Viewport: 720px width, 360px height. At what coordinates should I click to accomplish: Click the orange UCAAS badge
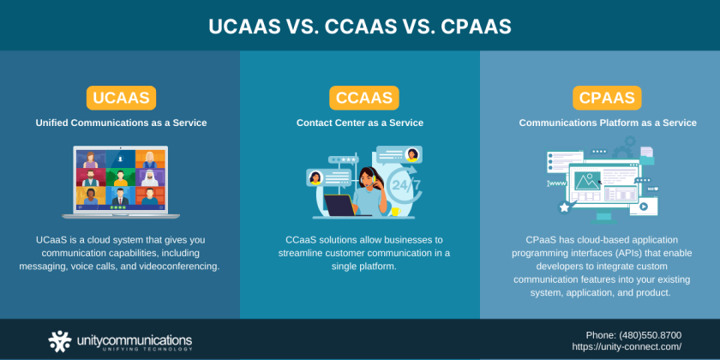point(120,97)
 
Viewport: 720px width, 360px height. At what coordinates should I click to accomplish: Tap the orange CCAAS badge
point(360,97)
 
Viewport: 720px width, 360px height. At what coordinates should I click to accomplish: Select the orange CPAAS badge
point(607,97)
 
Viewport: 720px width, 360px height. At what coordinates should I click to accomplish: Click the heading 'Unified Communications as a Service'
point(121,123)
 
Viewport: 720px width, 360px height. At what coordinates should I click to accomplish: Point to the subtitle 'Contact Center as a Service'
point(360,123)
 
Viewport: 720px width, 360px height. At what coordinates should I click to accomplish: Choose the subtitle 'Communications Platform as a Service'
point(607,123)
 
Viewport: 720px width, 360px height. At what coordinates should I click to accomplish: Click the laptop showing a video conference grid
point(120,182)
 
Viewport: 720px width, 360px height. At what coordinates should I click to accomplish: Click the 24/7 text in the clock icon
point(405,183)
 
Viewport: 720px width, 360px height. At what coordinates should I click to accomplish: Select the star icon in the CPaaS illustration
point(564,207)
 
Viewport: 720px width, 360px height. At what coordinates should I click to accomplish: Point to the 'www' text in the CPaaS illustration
point(557,183)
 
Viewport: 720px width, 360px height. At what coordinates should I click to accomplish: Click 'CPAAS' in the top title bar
point(476,27)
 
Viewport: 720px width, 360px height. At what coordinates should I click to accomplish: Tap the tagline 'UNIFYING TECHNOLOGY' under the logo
point(123,349)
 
